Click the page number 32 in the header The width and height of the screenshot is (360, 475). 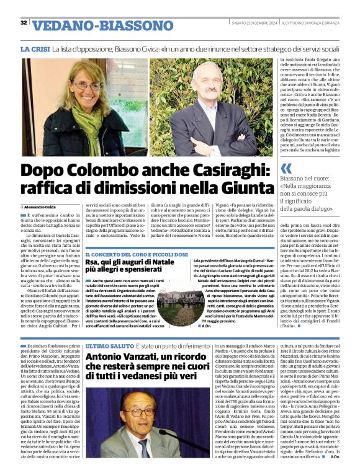tap(24, 23)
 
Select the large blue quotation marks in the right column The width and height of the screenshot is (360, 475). tap(286, 169)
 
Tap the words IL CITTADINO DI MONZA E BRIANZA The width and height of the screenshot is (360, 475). tap(316, 23)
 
